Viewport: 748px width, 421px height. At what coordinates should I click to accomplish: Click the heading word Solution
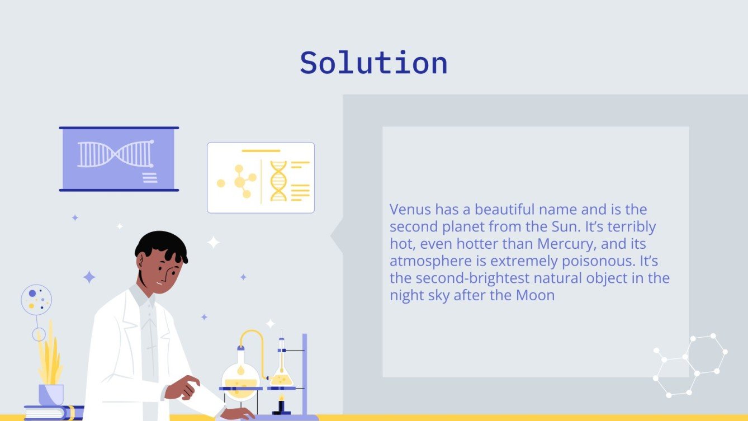[x=373, y=63]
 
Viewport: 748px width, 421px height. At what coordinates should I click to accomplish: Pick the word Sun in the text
[x=566, y=227]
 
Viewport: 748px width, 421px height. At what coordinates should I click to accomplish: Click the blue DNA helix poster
[x=119, y=159]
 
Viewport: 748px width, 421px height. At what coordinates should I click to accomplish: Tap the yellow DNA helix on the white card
[x=278, y=181]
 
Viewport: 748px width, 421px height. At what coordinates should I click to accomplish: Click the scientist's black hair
[x=160, y=246]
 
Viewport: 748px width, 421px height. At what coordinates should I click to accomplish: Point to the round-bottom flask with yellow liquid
[x=240, y=380]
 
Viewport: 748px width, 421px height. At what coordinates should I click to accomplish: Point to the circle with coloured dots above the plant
[x=36, y=299]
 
